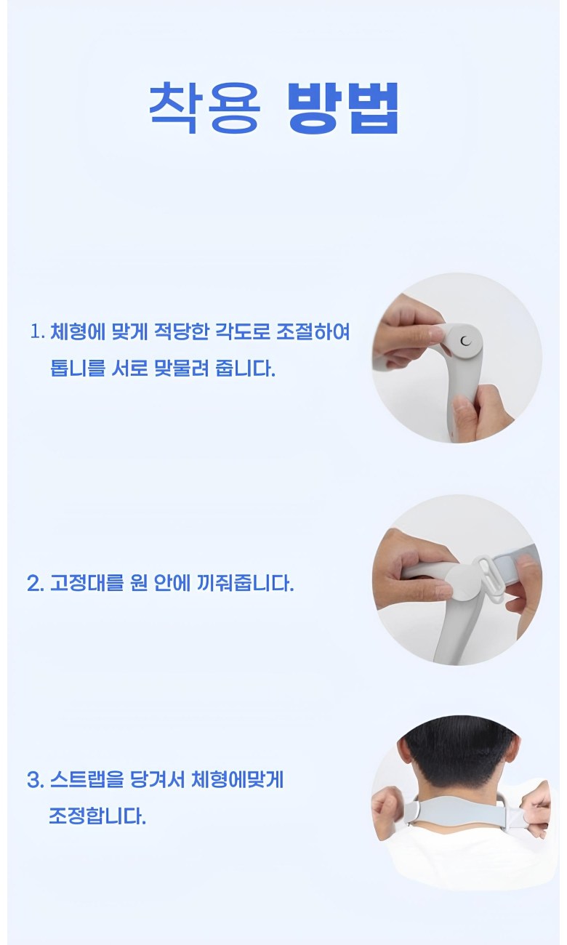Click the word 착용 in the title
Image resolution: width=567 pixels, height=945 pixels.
pyautogui.click(x=204, y=107)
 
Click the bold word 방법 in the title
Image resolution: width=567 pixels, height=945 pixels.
pyautogui.click(x=343, y=107)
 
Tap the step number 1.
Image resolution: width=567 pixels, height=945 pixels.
pyautogui.click(x=37, y=332)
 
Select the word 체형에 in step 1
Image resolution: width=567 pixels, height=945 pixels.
pyautogui.click(x=78, y=332)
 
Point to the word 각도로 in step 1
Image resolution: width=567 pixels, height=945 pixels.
pyautogui.click(x=242, y=332)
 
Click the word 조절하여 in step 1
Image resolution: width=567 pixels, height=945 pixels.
pyautogui.click(x=313, y=332)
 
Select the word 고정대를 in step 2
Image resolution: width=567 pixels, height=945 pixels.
pyautogui.click(x=87, y=583)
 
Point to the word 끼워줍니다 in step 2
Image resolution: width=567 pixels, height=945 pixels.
pyautogui.click(x=244, y=583)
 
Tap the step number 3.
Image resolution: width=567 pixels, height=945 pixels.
pyautogui.click(x=35, y=780)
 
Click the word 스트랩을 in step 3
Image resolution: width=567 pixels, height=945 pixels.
pyautogui.click(x=87, y=779)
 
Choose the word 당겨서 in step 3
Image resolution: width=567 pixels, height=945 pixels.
pyautogui.click(x=158, y=779)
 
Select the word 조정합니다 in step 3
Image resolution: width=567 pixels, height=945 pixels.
pyautogui.click(x=97, y=816)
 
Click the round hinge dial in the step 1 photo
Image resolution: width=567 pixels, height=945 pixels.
pyautogui.click(x=464, y=341)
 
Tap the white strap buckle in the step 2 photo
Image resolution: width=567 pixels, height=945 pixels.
pyautogui.click(x=488, y=576)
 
